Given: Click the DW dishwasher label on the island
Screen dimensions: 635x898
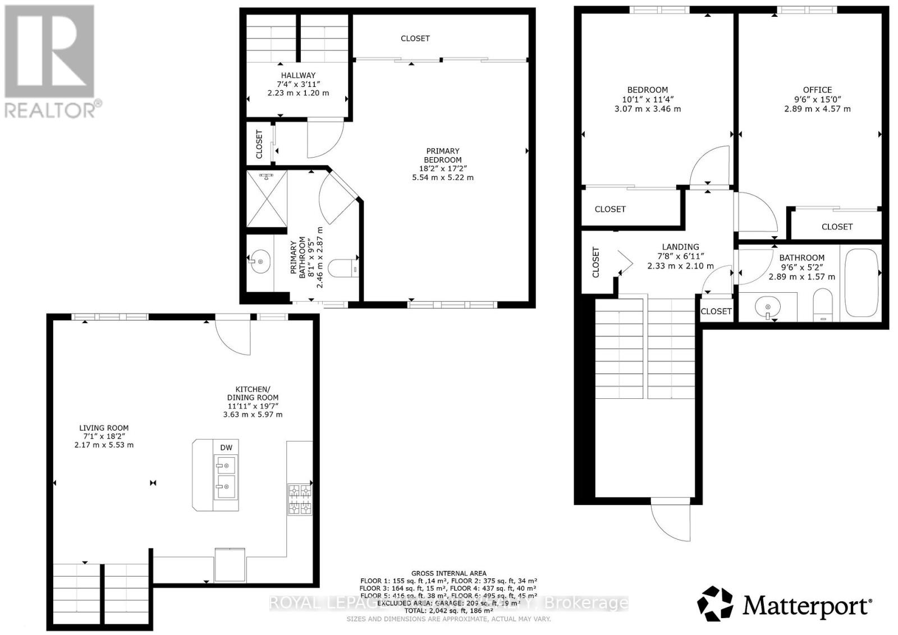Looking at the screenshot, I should pyautogui.click(x=226, y=447).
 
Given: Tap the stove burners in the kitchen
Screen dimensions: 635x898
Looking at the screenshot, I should pyautogui.click(x=299, y=499).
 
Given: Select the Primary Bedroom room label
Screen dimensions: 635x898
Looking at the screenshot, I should pyautogui.click(x=443, y=155).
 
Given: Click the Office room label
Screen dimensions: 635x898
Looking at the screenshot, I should pyautogui.click(x=817, y=90).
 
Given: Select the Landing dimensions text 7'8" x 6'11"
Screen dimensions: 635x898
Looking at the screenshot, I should pyautogui.click(x=680, y=256).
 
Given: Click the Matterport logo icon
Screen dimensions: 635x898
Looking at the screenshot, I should pyautogui.click(x=715, y=604).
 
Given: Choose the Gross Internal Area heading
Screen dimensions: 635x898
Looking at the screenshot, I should pyautogui.click(x=448, y=573).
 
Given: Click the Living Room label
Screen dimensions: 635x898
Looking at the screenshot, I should pyautogui.click(x=104, y=427).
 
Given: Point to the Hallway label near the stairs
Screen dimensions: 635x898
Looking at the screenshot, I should pyautogui.click(x=298, y=75).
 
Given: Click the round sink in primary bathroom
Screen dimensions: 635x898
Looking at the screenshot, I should pyautogui.click(x=260, y=262).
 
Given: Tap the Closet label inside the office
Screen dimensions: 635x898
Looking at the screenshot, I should pyautogui.click(x=837, y=227).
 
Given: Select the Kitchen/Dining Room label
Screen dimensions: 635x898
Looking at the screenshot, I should pyautogui.click(x=253, y=393).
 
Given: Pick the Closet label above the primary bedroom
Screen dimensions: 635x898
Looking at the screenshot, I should pyautogui.click(x=415, y=38).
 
